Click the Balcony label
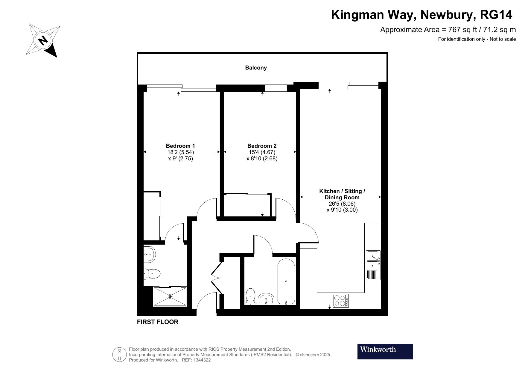tap(256, 68)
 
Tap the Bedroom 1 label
tap(180, 146)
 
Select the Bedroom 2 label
tap(262, 146)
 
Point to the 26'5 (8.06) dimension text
tap(342, 204)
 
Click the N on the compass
tap(43, 40)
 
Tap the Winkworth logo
tap(385, 351)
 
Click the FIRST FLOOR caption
tap(158, 322)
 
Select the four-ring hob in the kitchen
tap(341, 301)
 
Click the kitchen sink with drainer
tap(373, 265)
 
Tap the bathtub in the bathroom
tap(286, 281)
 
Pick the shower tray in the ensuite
tap(170, 296)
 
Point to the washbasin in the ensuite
tap(149, 254)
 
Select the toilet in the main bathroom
tap(250, 297)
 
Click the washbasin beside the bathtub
tap(266, 299)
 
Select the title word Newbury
tap(447, 15)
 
